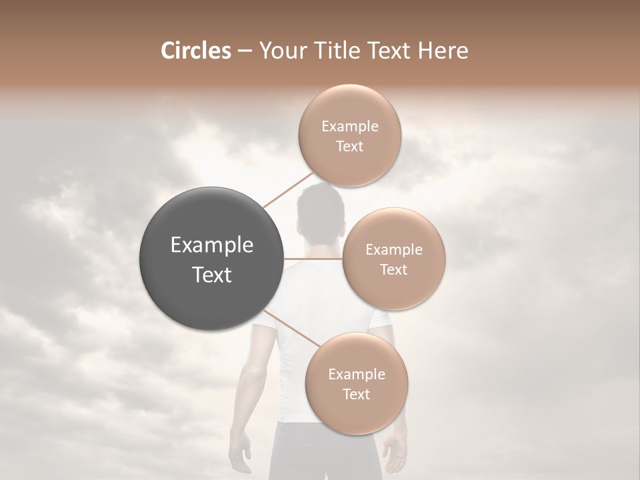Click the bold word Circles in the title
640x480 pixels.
(x=195, y=51)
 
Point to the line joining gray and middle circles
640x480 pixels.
(x=313, y=259)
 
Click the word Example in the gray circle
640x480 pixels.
(x=212, y=245)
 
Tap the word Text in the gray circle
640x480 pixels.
(x=212, y=275)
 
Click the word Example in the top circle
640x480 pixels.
(x=349, y=126)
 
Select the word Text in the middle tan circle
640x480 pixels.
(x=394, y=269)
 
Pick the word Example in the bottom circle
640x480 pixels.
(x=356, y=374)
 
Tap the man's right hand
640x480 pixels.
(x=396, y=453)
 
